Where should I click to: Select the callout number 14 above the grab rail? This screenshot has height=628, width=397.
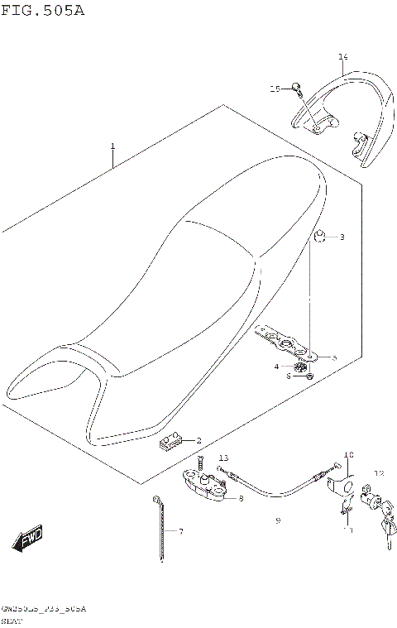pos(342,57)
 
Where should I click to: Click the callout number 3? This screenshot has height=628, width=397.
pos(342,237)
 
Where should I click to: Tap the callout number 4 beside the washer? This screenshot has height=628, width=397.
pos(277,366)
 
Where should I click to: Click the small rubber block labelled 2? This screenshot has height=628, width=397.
pos(170,443)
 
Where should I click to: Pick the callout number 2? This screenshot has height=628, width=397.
pos(198,440)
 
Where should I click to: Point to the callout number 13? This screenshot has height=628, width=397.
pos(223,458)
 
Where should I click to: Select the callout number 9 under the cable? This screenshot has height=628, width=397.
pos(278,521)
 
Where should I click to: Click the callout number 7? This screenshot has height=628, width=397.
pos(180,530)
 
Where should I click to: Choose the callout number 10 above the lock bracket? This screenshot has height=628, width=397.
pos(347,455)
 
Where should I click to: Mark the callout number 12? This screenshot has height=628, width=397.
pos(379,473)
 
